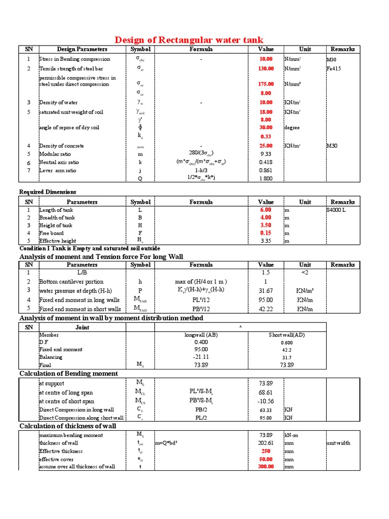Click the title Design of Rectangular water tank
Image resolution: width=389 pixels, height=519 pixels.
click(x=189, y=40)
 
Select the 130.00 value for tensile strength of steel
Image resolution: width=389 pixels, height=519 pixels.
click(x=266, y=68)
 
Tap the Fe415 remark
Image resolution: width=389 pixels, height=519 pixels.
click(x=334, y=68)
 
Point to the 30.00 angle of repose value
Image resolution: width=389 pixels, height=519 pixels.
click(x=266, y=128)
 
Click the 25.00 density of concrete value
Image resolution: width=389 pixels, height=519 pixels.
click(x=266, y=146)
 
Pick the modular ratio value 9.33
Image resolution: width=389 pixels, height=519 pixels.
click(x=266, y=154)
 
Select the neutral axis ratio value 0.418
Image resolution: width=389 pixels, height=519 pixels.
click(x=266, y=162)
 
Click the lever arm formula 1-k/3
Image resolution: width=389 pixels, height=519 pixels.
click(x=201, y=170)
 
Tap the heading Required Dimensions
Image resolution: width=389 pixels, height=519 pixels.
click(x=48, y=192)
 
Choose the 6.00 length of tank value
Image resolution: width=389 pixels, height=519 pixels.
click(x=266, y=210)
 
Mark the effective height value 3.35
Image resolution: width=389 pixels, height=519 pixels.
click(x=266, y=241)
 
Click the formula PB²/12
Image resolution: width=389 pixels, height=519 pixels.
click(x=201, y=309)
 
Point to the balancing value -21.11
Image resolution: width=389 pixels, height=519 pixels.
click(x=201, y=357)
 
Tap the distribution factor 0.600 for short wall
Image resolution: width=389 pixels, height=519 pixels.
click(x=287, y=342)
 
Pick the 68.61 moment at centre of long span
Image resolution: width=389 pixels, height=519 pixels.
click(x=266, y=393)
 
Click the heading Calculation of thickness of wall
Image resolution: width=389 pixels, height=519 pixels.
click(x=67, y=426)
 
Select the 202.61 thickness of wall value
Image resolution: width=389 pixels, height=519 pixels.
click(x=266, y=443)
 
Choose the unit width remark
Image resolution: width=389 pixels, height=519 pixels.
click(x=339, y=443)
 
